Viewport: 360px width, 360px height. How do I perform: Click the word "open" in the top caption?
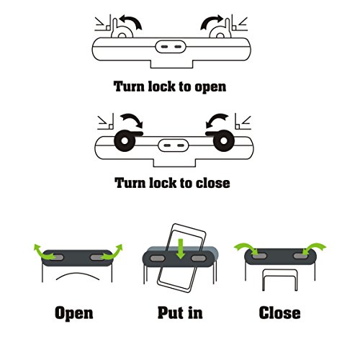pyautogui.click(x=210, y=87)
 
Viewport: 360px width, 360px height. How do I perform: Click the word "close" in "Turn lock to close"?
pyautogui.click(x=213, y=184)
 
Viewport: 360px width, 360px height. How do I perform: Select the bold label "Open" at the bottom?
pyautogui.click(x=74, y=313)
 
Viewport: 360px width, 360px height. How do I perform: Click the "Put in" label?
pyautogui.click(x=180, y=312)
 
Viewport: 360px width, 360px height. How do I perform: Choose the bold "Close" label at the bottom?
pyautogui.click(x=279, y=312)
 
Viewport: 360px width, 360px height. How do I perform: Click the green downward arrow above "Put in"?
pyautogui.click(x=181, y=249)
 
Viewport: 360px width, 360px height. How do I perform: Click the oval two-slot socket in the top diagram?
pyautogui.click(x=171, y=46)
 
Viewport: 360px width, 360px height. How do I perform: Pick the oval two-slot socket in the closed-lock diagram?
pyautogui.click(x=174, y=145)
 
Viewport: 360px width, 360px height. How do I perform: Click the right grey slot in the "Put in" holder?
pyautogui.click(x=199, y=258)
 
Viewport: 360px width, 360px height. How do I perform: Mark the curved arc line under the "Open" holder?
pyautogui.click(x=78, y=274)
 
